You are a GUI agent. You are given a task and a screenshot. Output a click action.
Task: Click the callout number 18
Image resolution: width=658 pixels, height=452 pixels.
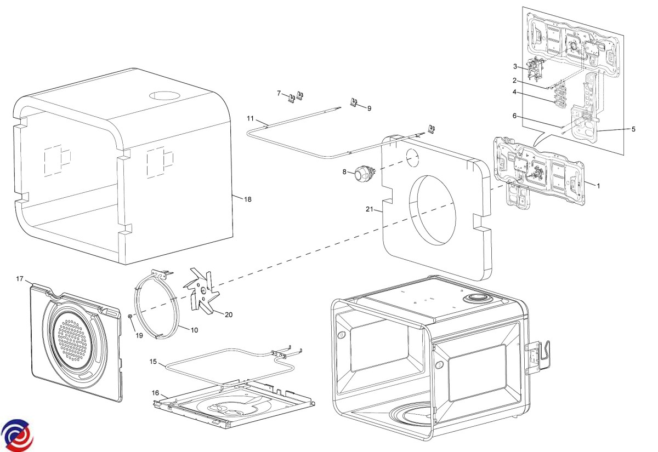248,199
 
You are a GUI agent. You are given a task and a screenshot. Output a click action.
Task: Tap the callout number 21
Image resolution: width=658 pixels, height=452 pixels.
369,209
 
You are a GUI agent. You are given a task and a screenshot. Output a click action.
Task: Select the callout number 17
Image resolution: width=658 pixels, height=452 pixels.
20,279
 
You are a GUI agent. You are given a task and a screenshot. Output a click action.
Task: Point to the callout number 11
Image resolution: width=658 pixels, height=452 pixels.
250,118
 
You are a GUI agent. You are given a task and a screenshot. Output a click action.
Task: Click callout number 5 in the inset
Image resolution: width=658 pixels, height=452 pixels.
633,129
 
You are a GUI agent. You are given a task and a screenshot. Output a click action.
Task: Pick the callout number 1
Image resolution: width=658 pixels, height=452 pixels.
598,186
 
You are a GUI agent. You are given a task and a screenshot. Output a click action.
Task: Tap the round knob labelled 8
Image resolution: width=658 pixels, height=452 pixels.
361,174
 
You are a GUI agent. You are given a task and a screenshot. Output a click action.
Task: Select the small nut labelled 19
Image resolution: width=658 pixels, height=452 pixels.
130,316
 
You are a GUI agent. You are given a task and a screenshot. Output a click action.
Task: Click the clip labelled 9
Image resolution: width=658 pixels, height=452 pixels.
356,102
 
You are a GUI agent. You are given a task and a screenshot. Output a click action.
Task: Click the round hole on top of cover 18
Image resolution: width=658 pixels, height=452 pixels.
164,95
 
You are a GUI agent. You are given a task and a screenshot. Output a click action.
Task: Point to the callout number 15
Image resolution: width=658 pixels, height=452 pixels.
153,361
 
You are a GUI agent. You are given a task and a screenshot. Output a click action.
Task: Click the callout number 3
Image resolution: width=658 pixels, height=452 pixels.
515,66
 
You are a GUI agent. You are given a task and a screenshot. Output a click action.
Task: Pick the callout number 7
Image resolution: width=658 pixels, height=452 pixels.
279,93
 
